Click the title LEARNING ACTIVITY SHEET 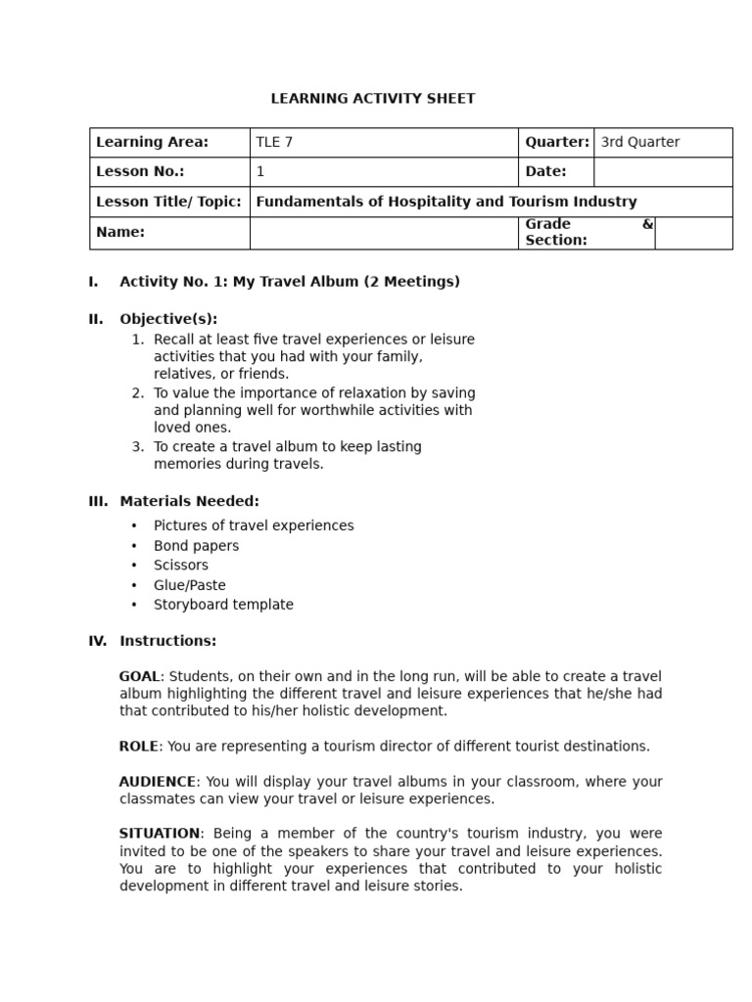click(x=372, y=98)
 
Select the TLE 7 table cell click(x=274, y=142)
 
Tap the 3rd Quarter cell click(x=639, y=142)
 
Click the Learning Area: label click(x=152, y=142)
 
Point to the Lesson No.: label click(x=140, y=171)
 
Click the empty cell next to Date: click(x=662, y=171)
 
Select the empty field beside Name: click(x=383, y=233)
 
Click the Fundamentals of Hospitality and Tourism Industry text click(x=446, y=202)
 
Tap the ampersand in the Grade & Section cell click(x=646, y=224)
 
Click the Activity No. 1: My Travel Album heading click(x=289, y=282)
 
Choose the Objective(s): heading click(x=168, y=319)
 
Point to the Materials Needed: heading click(x=189, y=501)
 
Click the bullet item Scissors click(x=180, y=565)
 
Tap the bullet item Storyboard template click(x=223, y=605)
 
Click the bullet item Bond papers click(x=196, y=545)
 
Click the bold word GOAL click(x=138, y=676)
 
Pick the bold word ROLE click(x=138, y=746)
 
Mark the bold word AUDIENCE click(x=157, y=781)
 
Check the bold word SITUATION click(x=160, y=834)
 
